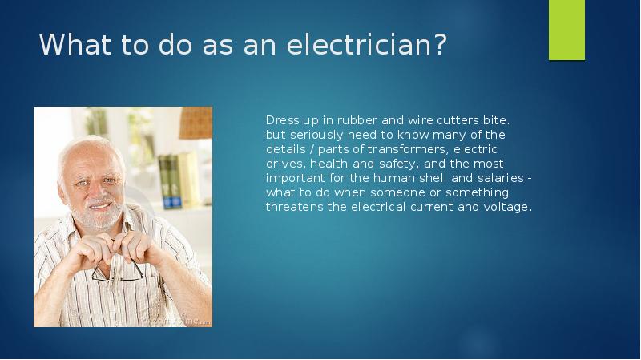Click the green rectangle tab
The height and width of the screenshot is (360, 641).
[x=566, y=30]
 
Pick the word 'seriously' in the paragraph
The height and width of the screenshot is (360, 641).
[x=315, y=135]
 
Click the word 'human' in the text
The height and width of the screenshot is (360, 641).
[x=376, y=178]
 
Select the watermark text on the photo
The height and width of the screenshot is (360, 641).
[x=178, y=320]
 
